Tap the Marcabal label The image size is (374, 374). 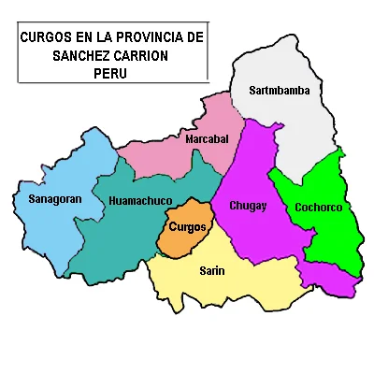[207, 139]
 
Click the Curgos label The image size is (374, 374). [188, 226]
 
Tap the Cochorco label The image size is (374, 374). [318, 207]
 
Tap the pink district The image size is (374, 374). [168, 154]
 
